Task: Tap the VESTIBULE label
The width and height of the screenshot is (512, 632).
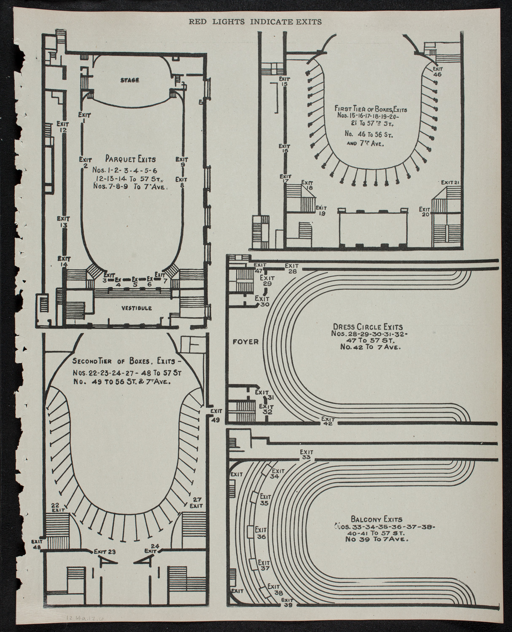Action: click(136, 308)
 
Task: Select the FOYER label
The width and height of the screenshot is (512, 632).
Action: click(245, 342)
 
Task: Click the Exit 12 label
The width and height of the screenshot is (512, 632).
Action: click(62, 127)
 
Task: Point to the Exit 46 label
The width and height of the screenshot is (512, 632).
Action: click(437, 70)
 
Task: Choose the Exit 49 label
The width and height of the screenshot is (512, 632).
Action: click(216, 415)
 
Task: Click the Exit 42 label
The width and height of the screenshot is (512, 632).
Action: click(328, 421)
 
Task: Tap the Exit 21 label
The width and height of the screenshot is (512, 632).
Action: click(450, 182)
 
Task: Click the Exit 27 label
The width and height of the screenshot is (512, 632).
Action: click(197, 502)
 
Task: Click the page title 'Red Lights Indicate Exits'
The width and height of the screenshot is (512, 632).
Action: click(255, 22)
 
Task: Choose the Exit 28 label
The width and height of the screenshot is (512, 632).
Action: click(292, 268)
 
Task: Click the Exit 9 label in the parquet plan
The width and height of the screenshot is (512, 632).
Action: click(182, 162)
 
